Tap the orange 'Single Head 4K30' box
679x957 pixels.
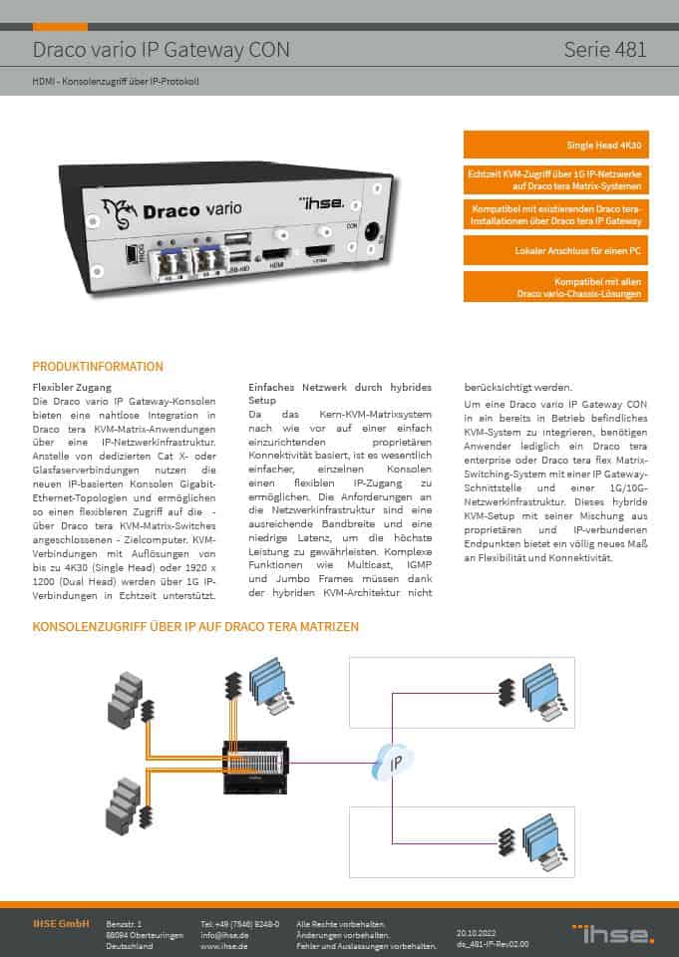pos(555,145)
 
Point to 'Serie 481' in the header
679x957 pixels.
pos(604,49)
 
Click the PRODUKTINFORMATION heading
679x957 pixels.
pos(98,366)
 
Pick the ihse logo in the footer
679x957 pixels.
pos(613,933)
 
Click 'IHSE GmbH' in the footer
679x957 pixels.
pos(61,924)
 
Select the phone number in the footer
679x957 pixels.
pos(239,924)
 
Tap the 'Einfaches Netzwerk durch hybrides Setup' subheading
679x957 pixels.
pos(340,393)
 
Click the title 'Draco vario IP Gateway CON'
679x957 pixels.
pos(162,49)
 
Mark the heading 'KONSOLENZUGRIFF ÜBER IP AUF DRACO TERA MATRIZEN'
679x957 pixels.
pos(195,627)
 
